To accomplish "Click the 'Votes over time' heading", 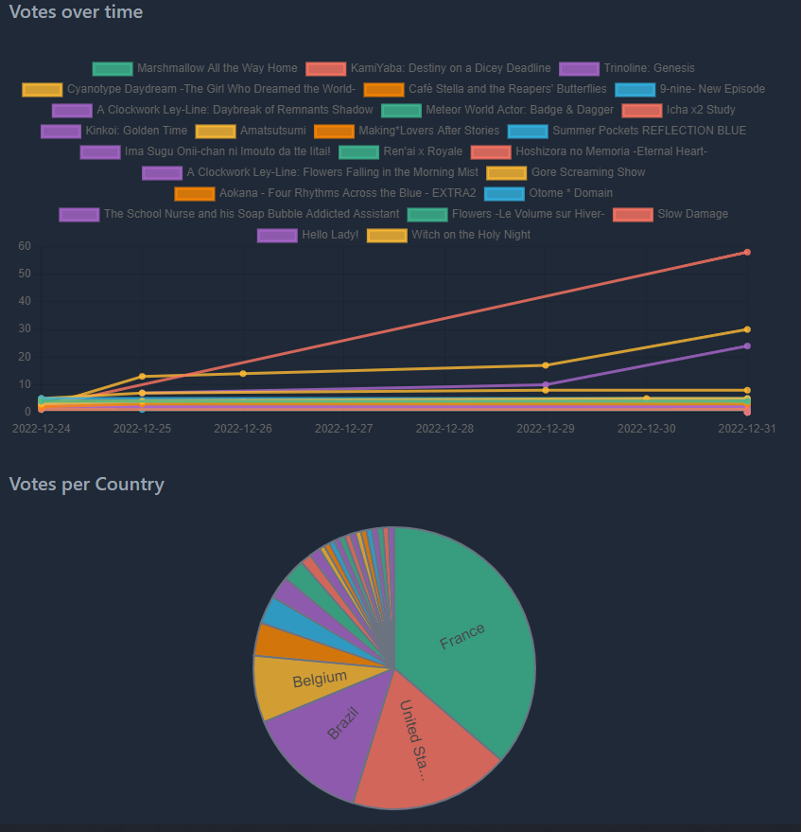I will pos(76,12).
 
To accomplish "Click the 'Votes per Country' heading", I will pos(86,485).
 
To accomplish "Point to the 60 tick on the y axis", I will pos(25,246).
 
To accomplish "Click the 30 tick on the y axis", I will pos(25,329).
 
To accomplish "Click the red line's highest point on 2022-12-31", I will pos(747,253).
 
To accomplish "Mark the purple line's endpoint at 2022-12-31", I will pos(747,345).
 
